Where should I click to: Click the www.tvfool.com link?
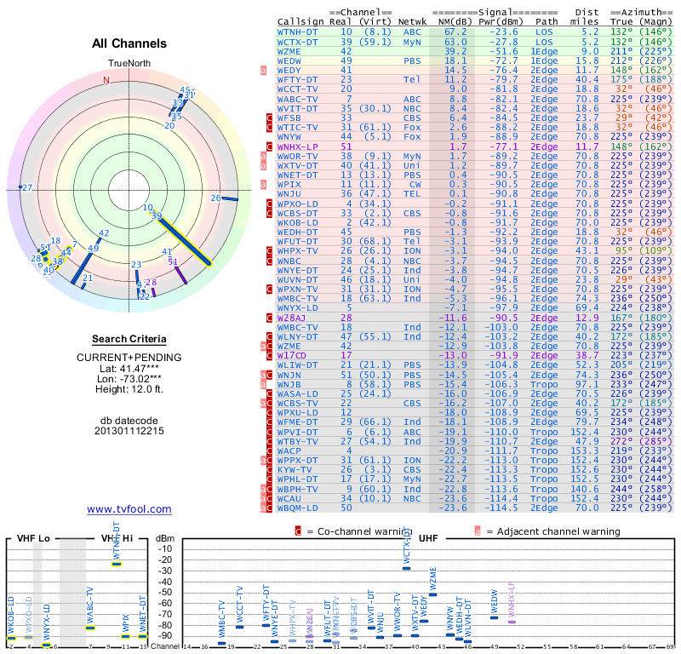tap(129, 509)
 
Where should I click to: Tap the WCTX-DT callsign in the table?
tap(299, 41)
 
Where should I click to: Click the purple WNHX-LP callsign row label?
tap(299, 147)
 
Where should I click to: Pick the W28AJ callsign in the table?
tap(294, 317)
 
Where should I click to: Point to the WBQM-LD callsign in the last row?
tap(299, 508)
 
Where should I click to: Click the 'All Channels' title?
tap(129, 43)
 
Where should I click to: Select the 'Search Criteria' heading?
tap(129, 339)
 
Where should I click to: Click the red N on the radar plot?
tap(106, 80)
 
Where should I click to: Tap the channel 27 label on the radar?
tap(27, 187)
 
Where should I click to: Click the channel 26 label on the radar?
tap(215, 198)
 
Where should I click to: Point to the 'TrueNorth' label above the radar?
tap(129, 64)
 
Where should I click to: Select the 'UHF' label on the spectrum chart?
tap(429, 539)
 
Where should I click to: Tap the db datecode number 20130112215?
tap(129, 431)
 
